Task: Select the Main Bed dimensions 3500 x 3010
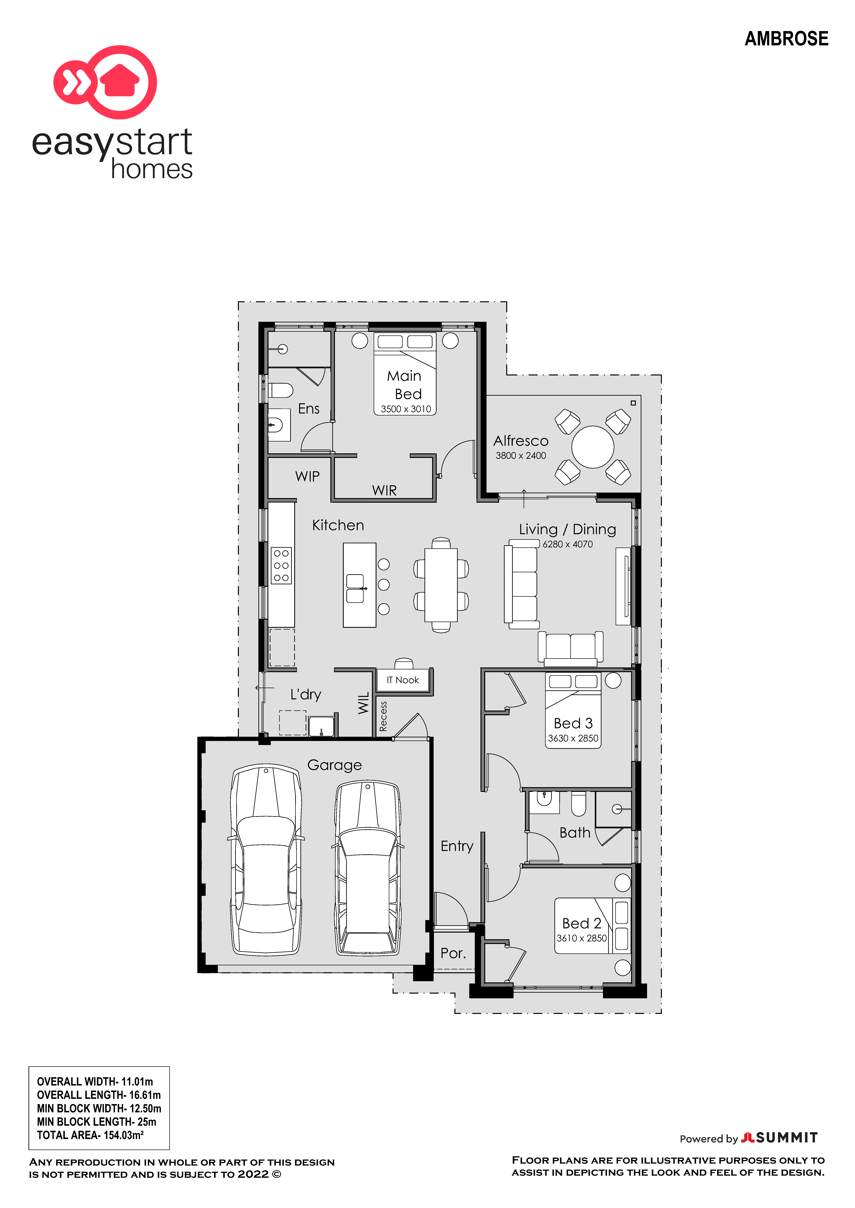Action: click(406, 409)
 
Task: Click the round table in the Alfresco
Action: click(593, 447)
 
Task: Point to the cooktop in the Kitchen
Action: click(281, 566)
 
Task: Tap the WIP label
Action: click(307, 476)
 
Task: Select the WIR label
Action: click(384, 490)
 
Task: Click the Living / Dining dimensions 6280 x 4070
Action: click(568, 544)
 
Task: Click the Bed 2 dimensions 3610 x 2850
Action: click(582, 938)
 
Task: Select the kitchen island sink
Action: click(355, 588)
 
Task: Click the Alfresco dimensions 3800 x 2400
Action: click(521, 456)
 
